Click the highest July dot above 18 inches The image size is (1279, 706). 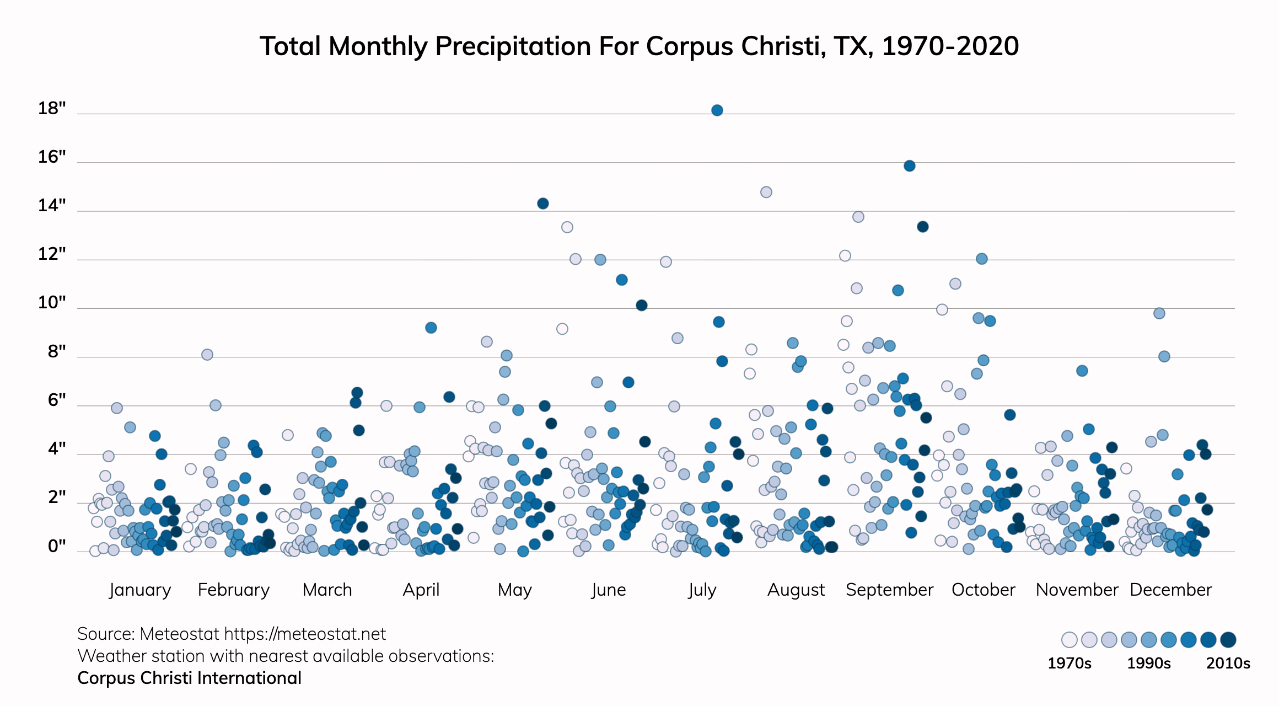717,110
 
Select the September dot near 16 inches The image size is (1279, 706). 910,166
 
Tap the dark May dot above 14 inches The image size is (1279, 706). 542,204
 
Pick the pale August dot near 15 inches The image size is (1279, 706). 766,192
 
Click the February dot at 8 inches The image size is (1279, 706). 207,355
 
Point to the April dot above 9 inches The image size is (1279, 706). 431,328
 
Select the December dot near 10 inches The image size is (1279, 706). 1159,313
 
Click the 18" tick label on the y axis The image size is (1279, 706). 52,108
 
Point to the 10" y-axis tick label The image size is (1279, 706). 52,302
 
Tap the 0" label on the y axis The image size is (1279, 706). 57,546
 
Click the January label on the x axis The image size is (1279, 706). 140,590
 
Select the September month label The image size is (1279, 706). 889,590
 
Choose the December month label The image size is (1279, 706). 1170,590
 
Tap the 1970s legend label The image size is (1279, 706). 1069,663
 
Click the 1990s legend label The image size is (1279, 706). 1148,663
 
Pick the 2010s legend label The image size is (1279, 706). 1228,663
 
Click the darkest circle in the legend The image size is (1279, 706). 1228,640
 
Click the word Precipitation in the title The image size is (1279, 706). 513,46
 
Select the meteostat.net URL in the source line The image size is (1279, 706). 305,634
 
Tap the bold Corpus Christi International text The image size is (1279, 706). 189,678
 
